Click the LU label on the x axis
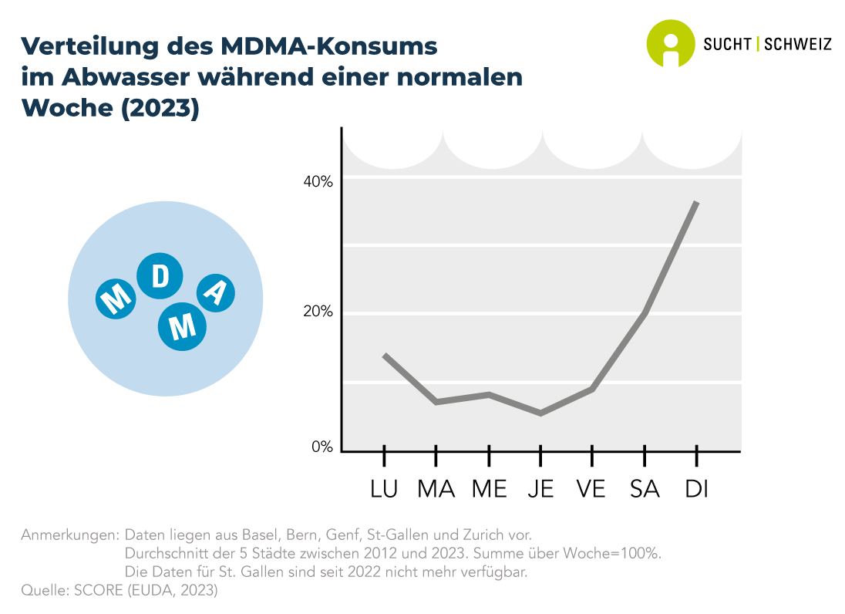click(384, 489)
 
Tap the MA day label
click(436, 489)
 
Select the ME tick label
click(489, 489)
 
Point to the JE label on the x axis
click(541, 489)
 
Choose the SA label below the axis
click(645, 489)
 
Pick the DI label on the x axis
click(697, 489)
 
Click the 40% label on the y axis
click(317, 182)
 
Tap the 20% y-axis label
click(317, 312)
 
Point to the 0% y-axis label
click(321, 447)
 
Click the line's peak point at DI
click(697, 202)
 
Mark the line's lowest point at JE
click(541, 413)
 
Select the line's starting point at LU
click(384, 355)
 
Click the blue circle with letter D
click(160, 277)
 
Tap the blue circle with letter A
click(216, 292)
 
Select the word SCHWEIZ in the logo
click(797, 44)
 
